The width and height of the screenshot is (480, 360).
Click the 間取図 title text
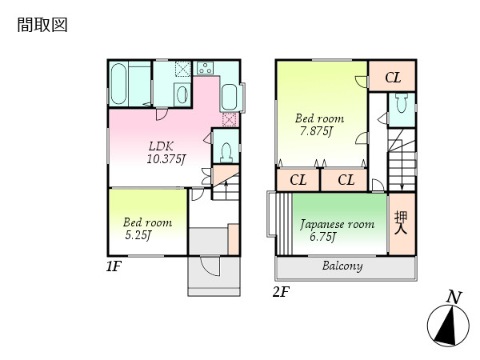42,25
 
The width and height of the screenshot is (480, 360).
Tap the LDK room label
162,146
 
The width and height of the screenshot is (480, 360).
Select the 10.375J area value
166,159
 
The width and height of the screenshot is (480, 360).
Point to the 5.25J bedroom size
138,235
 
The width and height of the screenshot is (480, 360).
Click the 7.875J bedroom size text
316,131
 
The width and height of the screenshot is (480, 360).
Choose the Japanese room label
337,224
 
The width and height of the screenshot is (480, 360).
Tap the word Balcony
342,266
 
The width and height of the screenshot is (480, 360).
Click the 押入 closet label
401,222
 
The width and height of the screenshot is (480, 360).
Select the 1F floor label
114,266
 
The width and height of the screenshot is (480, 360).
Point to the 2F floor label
281,292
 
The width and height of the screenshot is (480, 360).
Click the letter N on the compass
454,297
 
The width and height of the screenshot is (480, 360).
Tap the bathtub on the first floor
118,83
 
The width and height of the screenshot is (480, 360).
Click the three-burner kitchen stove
205,68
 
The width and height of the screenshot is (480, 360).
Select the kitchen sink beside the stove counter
229,97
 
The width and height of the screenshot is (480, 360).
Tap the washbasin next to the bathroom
182,94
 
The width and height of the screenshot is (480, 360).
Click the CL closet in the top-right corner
393,76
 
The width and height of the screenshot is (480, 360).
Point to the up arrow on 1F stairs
226,190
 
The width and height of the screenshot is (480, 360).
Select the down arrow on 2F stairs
402,172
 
